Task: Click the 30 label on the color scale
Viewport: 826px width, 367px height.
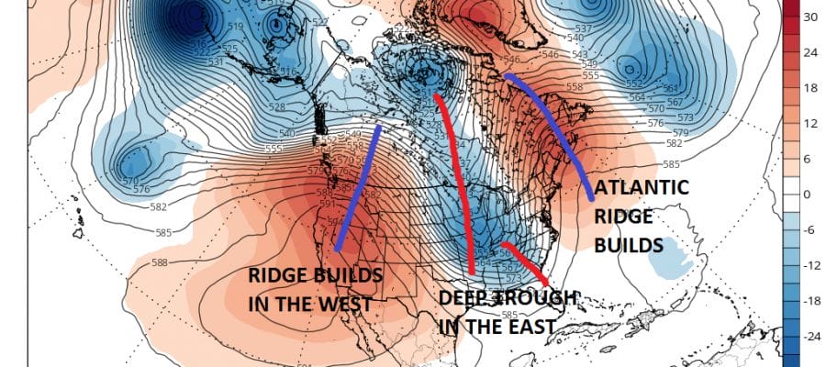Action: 811,17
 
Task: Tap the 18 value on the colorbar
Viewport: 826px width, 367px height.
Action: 811,88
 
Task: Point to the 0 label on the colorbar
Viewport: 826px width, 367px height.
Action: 809,195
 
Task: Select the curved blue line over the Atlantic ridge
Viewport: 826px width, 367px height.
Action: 560,128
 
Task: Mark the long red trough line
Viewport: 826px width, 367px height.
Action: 458,183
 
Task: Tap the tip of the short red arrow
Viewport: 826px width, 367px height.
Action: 545,281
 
